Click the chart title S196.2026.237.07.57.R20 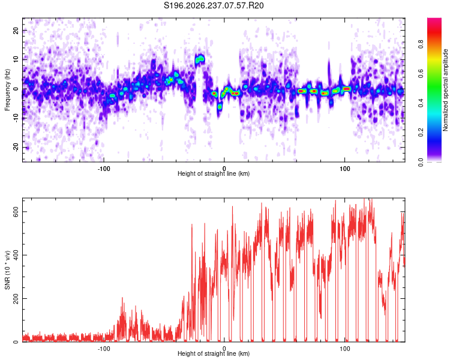coord(214,5)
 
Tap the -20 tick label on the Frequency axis coord(16,148)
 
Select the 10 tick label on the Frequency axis coord(16,59)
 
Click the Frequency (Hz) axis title coord(7,90)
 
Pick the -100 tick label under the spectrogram coord(104,169)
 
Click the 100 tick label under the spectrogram coord(344,169)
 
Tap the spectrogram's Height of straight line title coord(214,173)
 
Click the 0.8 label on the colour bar coord(421,44)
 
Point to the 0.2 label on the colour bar coord(421,133)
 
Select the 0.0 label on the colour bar coord(421,162)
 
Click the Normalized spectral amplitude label coord(445,90)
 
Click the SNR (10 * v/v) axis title coord(7,270)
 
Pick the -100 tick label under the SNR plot coord(104,349)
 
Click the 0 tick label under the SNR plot coord(224,349)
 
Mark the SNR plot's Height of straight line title coord(214,353)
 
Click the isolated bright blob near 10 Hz coord(199,59)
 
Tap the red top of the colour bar coord(434,23)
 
